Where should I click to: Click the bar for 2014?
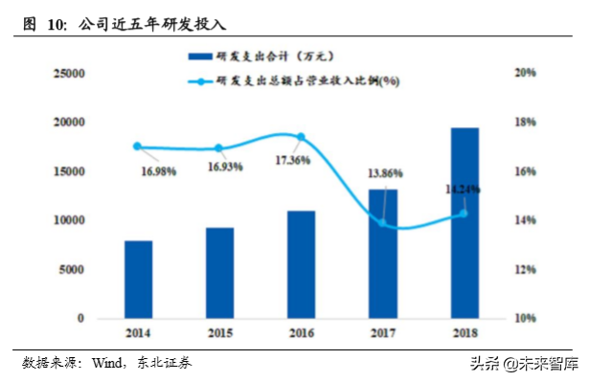point(138,280)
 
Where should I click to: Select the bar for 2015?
point(219,273)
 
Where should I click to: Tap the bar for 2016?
point(301,264)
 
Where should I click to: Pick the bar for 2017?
point(383,254)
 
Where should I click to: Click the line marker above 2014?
point(137,146)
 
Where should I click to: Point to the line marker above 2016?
point(301,137)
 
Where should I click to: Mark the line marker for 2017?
point(383,223)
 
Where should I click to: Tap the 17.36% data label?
point(291,160)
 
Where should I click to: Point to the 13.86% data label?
point(384,173)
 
